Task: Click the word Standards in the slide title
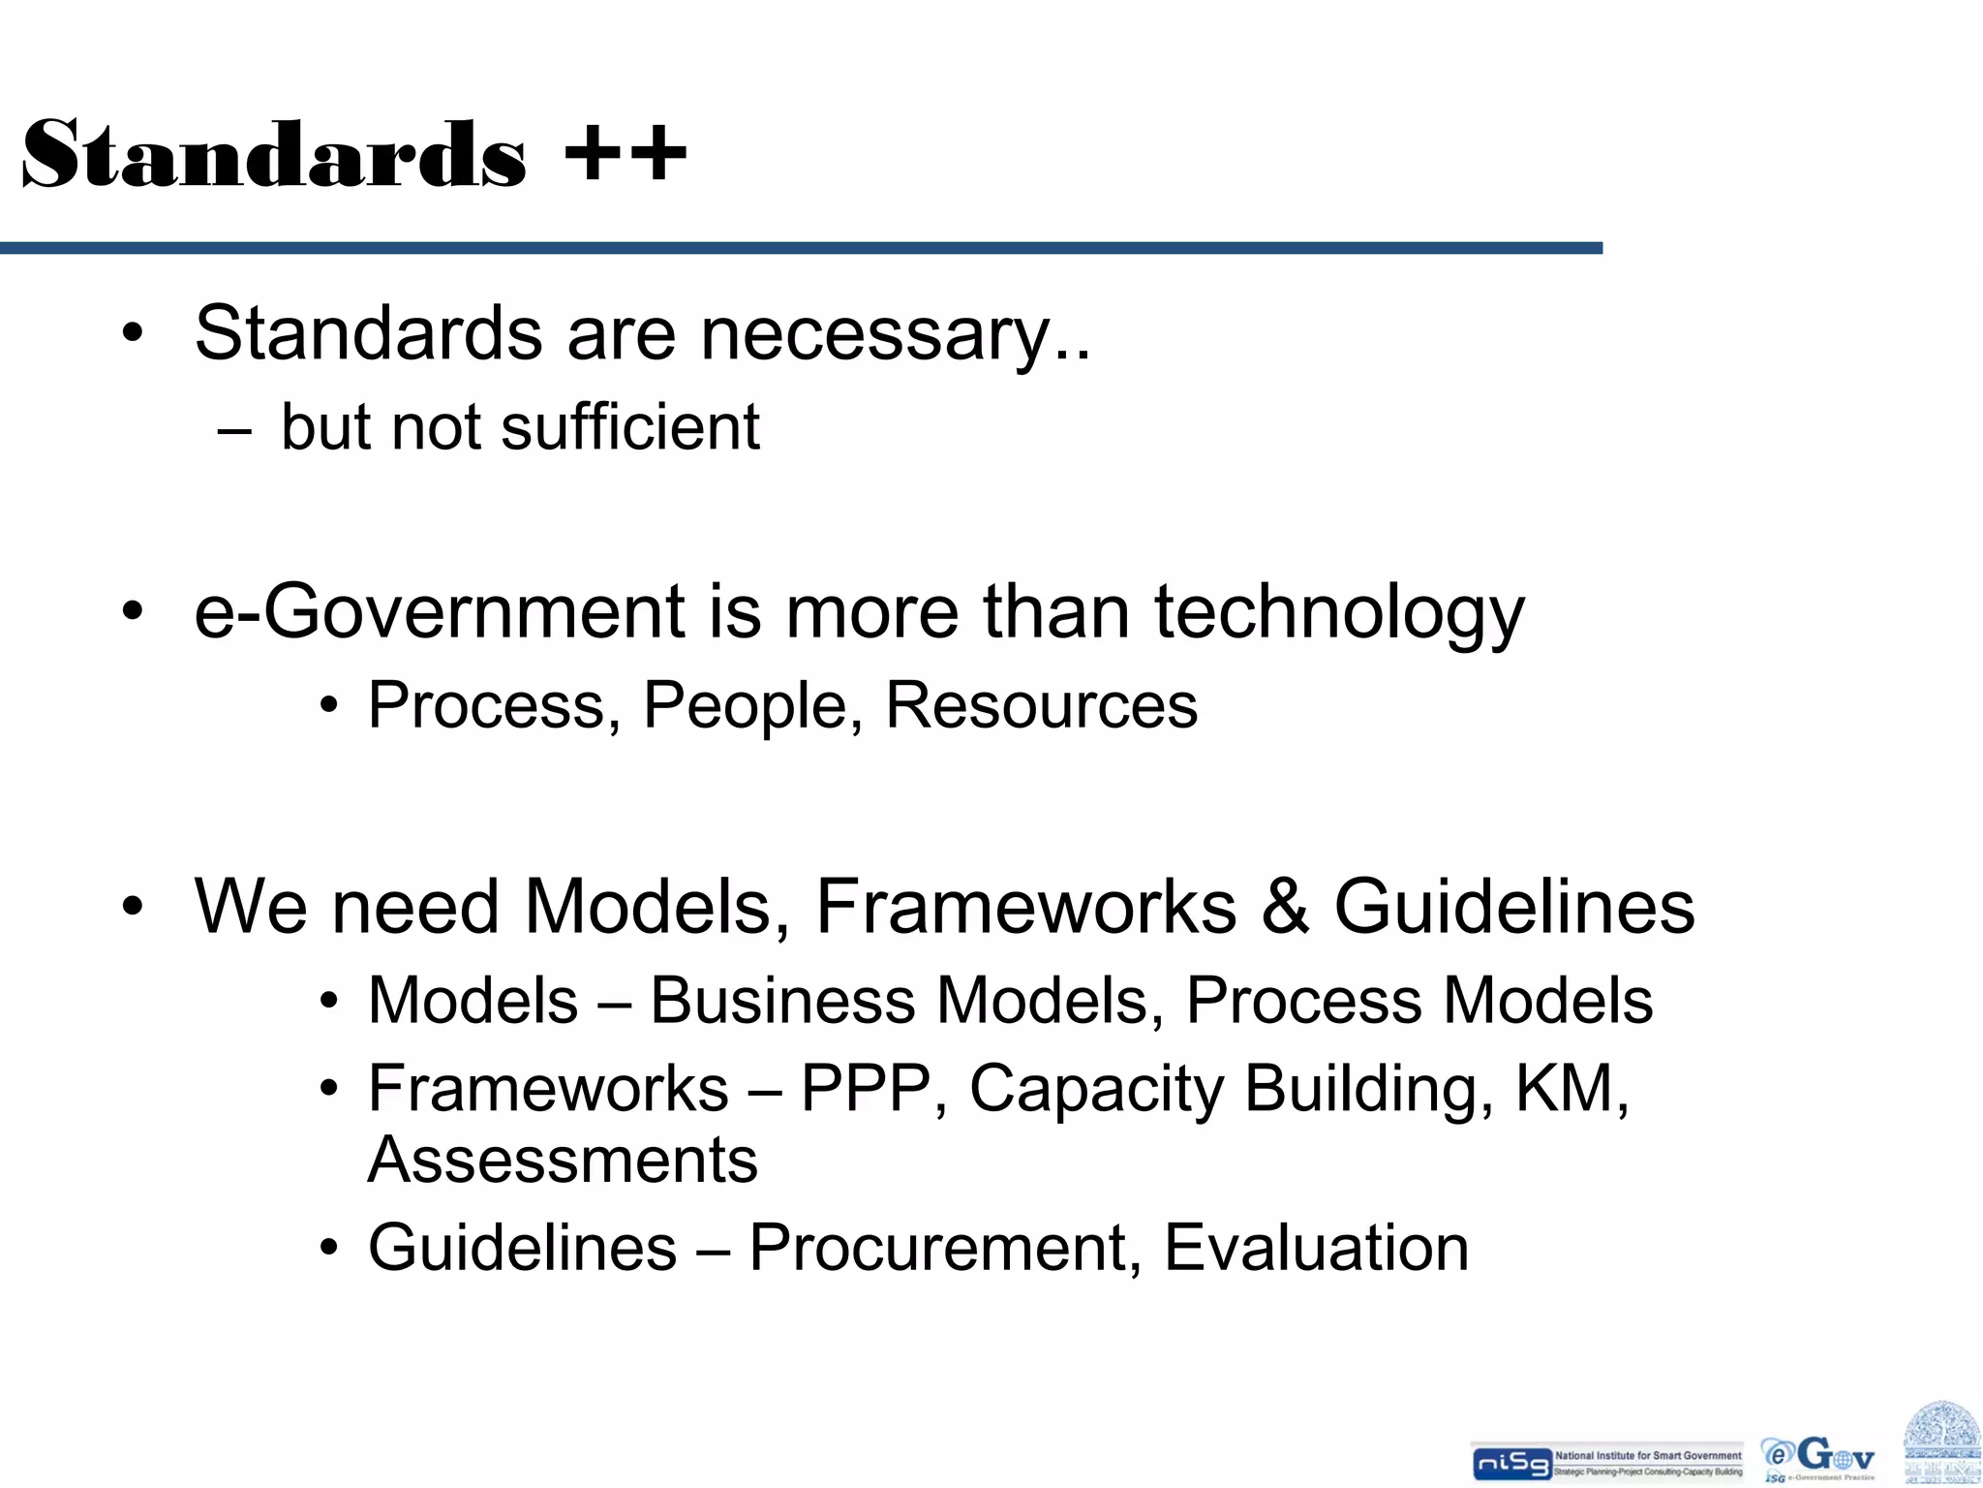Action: click(274, 155)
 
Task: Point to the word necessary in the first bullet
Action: click(876, 334)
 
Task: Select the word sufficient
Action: click(629, 427)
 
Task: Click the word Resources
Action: click(1041, 705)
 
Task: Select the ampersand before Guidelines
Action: click(1285, 907)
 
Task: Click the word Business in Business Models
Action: click(782, 1000)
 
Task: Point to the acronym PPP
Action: click(867, 1088)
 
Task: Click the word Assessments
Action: click(563, 1160)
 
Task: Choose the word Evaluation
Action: click(1316, 1248)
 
